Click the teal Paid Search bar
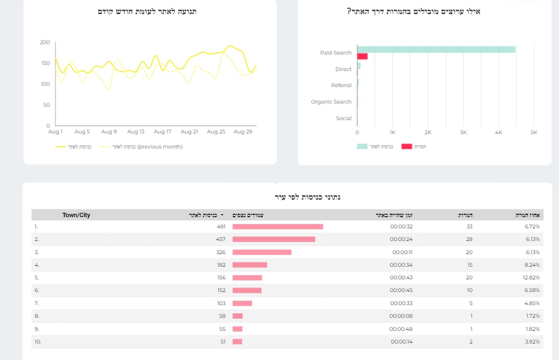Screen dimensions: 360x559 point(436,50)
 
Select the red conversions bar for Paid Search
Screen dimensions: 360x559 point(362,56)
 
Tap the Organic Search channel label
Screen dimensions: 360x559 point(331,102)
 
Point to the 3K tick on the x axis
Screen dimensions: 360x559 point(463,133)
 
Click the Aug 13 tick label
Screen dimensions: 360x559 point(136,132)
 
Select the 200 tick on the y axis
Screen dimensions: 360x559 point(45,42)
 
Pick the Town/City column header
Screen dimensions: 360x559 point(76,215)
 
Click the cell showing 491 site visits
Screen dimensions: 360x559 point(221,227)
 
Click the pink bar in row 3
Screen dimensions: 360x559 point(262,252)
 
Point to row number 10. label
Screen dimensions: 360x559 point(38,342)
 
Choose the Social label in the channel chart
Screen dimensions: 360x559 point(343,119)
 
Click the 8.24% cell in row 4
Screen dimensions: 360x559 point(532,265)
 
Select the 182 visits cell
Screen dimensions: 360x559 point(221,265)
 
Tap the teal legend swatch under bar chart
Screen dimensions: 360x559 point(362,146)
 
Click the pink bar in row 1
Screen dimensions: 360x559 point(277,227)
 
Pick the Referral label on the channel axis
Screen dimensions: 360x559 point(341,86)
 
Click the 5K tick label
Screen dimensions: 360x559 point(533,133)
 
